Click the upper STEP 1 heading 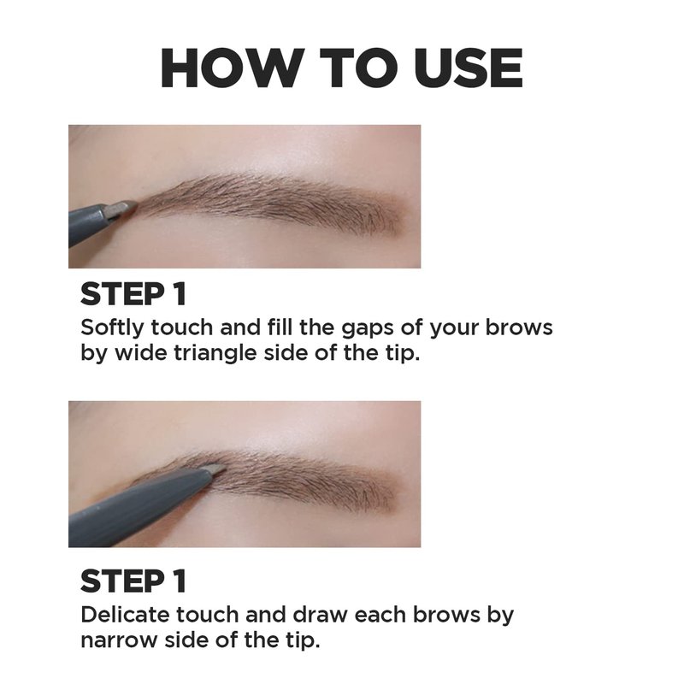click(133, 293)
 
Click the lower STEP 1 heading click(133, 581)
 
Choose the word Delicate click(125, 615)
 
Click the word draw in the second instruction click(320, 615)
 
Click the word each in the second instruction click(380, 615)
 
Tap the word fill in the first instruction click(280, 327)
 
